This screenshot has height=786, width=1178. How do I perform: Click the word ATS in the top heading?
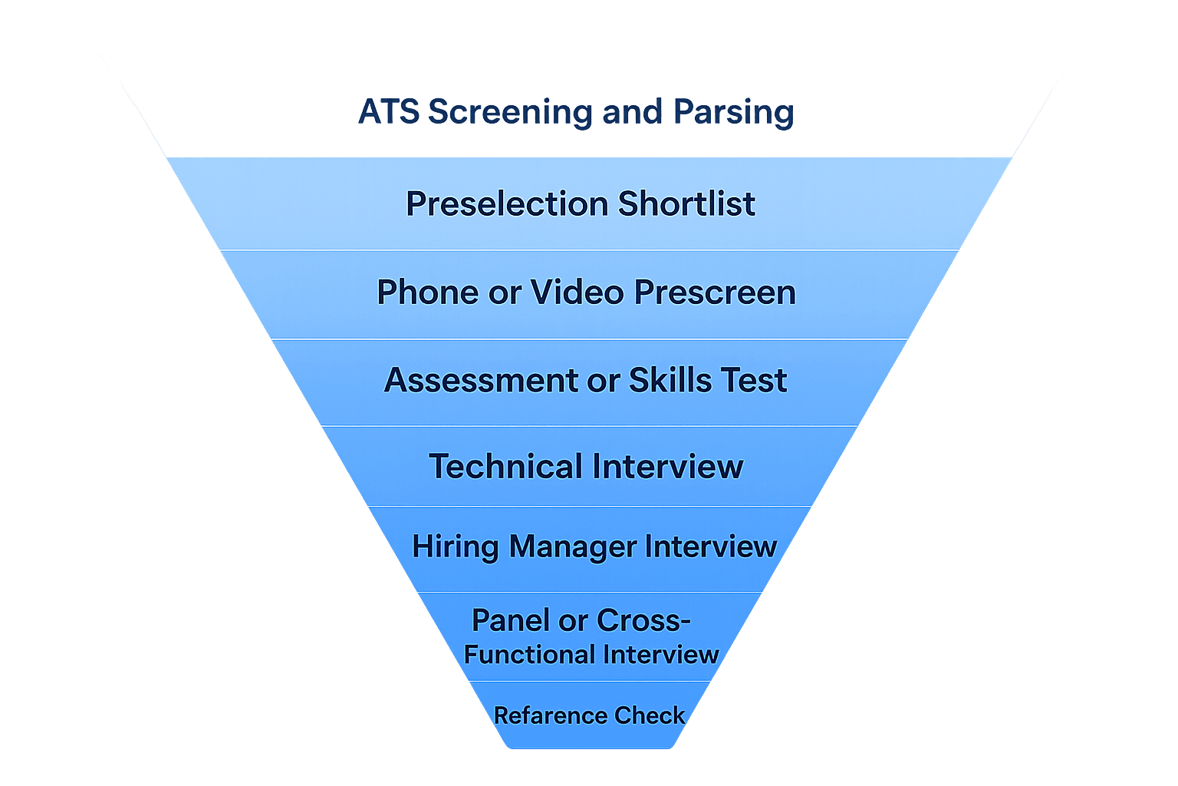[388, 112]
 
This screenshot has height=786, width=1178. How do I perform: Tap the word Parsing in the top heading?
[733, 112]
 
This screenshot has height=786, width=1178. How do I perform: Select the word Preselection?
[507, 204]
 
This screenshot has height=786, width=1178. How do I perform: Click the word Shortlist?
[686, 204]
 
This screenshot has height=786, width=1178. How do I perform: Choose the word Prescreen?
[715, 292]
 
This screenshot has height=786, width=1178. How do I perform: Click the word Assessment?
[482, 381]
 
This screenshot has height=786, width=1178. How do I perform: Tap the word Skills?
[663, 381]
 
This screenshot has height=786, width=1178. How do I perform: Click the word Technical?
[505, 467]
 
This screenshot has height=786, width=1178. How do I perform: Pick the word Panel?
[510, 620]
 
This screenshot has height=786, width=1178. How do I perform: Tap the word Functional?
[529, 655]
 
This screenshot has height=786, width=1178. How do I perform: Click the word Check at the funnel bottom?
[649, 716]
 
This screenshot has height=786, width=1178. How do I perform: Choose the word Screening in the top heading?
[509, 112]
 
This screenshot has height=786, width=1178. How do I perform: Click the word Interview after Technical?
[667, 467]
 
